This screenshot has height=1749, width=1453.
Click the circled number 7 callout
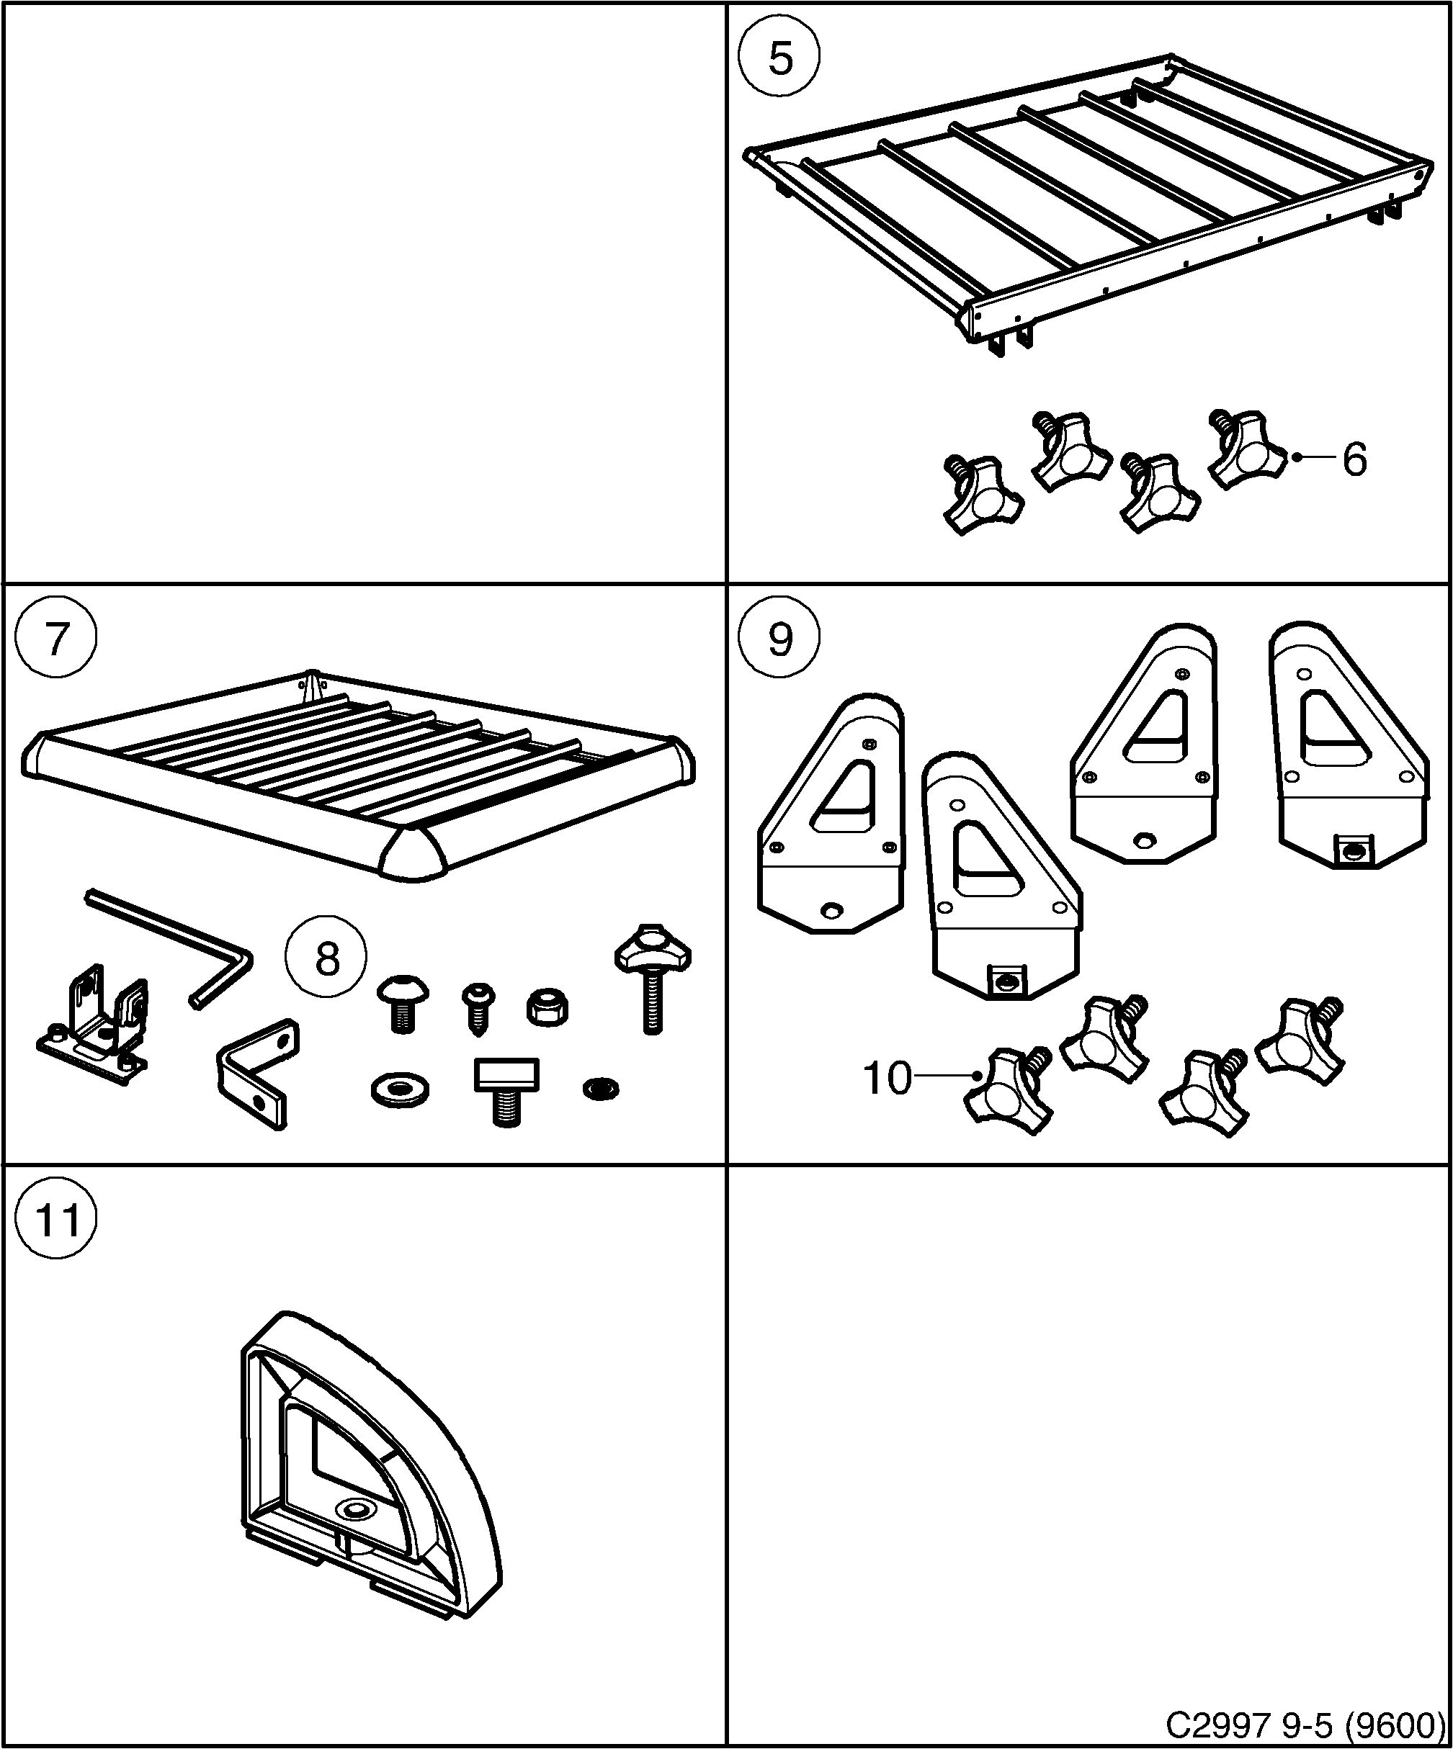click(x=55, y=639)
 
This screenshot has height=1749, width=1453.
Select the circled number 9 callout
click(x=780, y=639)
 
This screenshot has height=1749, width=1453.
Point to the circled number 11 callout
click(x=55, y=1221)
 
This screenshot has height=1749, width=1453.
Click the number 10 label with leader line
click(x=888, y=1079)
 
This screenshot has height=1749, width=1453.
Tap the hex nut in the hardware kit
click(x=548, y=1006)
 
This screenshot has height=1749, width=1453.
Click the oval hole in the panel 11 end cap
click(x=355, y=1510)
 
